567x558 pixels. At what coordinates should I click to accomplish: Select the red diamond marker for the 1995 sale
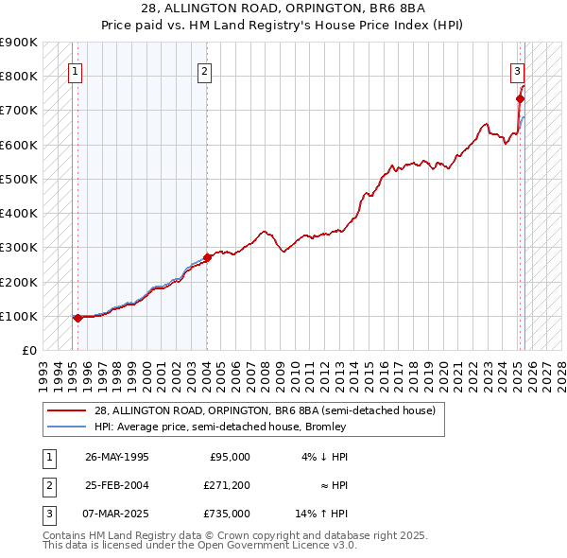(x=77, y=318)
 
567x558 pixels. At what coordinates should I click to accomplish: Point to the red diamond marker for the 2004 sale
(x=207, y=257)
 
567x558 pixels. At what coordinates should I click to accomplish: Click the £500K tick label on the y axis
(x=19, y=179)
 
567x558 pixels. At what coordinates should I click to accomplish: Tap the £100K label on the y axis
(x=19, y=316)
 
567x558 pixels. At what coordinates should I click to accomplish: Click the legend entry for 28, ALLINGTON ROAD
(x=265, y=410)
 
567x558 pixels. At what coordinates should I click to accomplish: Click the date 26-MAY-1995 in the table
(x=116, y=457)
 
